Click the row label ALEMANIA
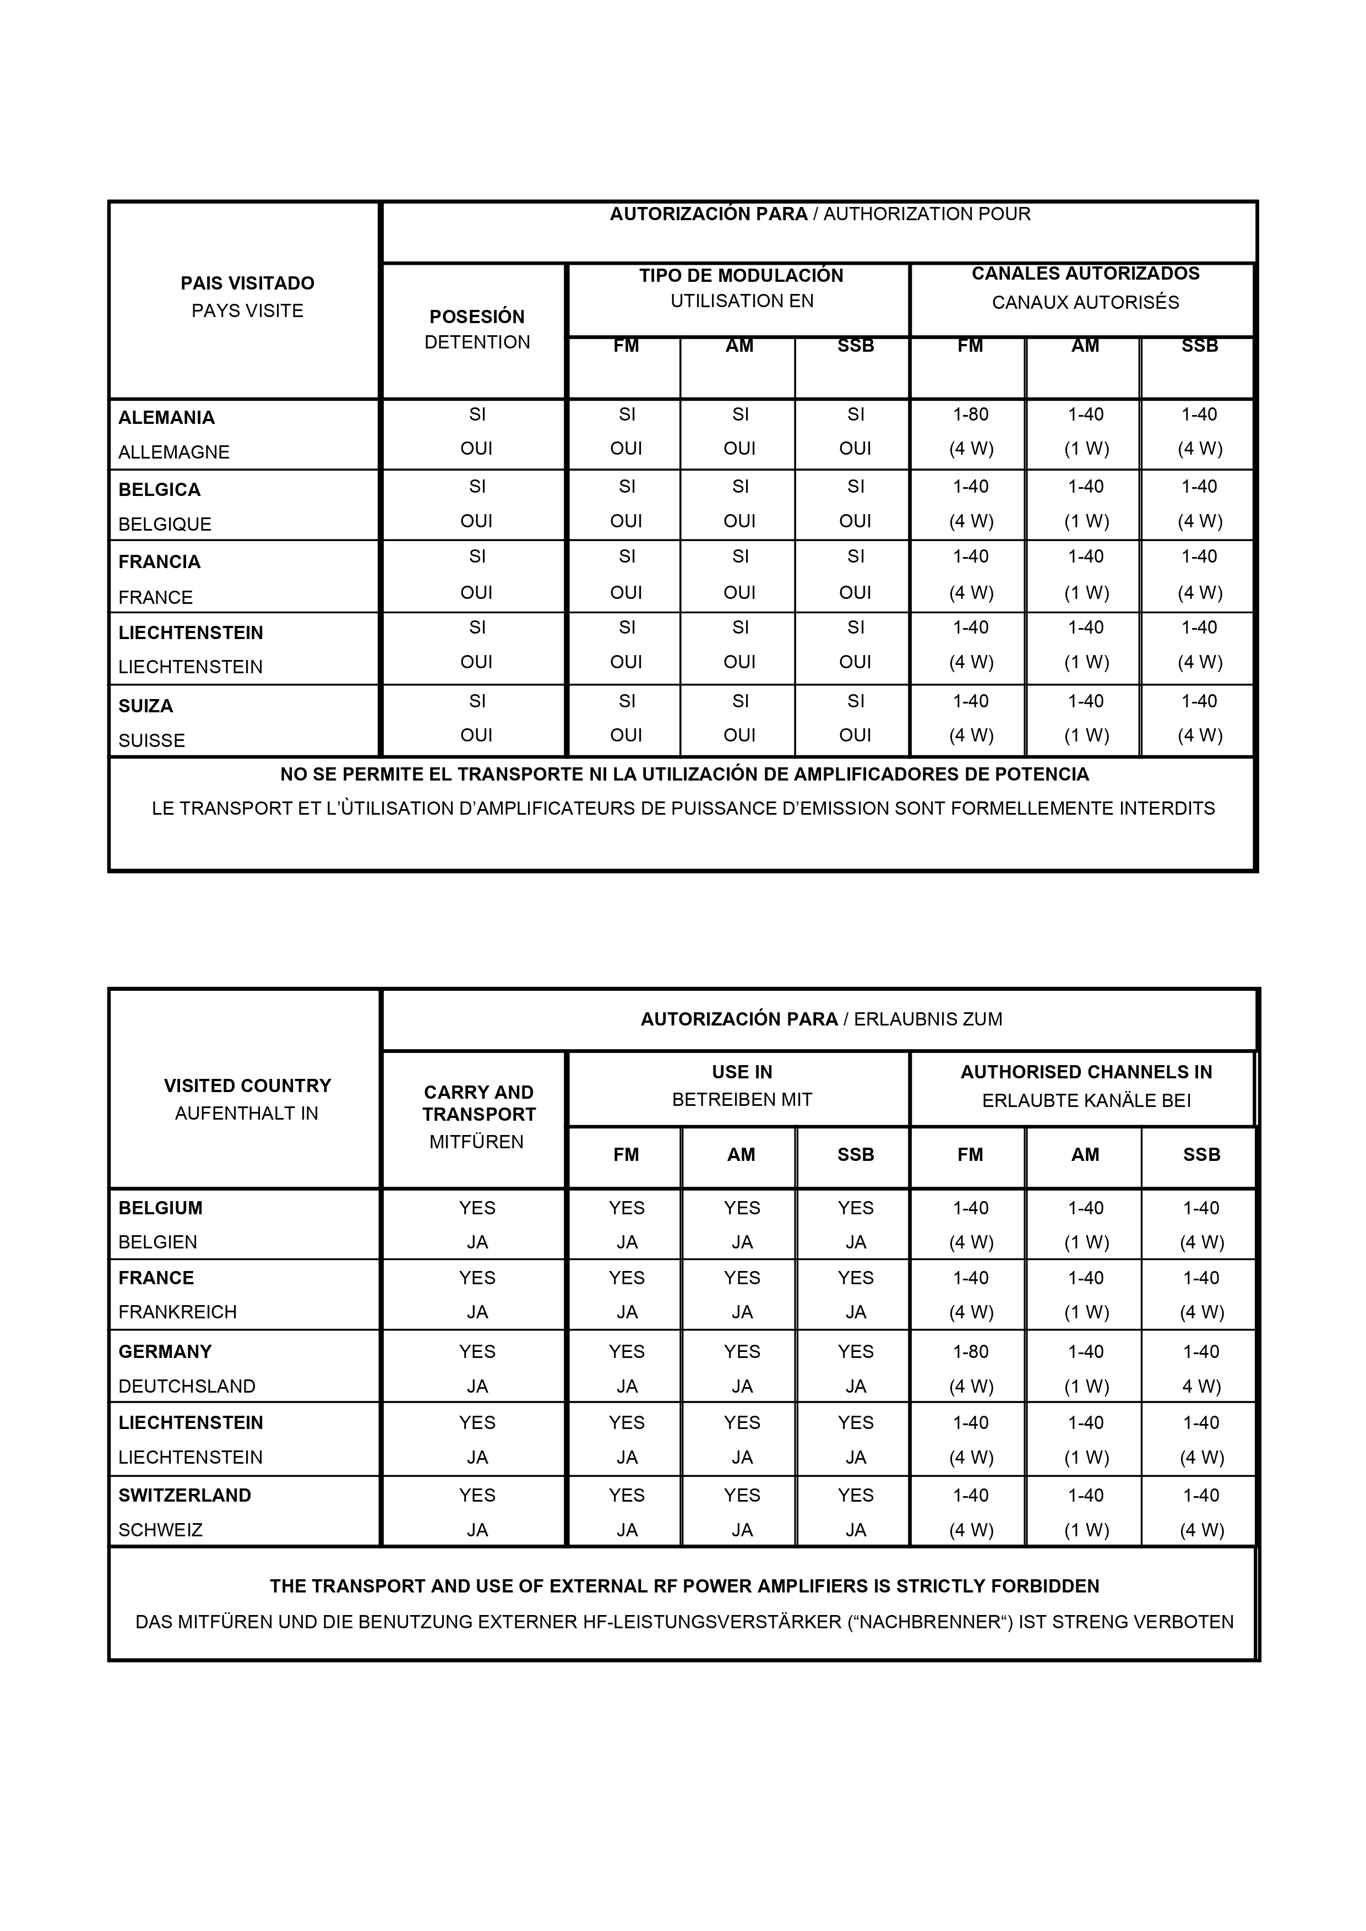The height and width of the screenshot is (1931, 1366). [166, 418]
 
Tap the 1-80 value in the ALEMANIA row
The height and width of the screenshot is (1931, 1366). [971, 414]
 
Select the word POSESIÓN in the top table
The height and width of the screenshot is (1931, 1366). [477, 317]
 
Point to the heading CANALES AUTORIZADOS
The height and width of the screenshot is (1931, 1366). [1085, 274]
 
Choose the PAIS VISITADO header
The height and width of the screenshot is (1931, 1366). [247, 283]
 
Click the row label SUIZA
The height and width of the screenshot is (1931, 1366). [145, 706]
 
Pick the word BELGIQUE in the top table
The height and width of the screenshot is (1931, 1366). [165, 525]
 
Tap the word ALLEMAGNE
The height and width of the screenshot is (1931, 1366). [174, 452]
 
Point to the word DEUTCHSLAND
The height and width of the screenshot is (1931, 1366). [187, 1386]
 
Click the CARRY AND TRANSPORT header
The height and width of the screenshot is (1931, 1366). [478, 1104]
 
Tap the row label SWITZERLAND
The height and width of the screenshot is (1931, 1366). [185, 1496]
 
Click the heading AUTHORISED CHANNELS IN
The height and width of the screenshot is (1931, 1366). [1086, 1072]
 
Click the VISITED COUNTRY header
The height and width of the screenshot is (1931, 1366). [247, 1085]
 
